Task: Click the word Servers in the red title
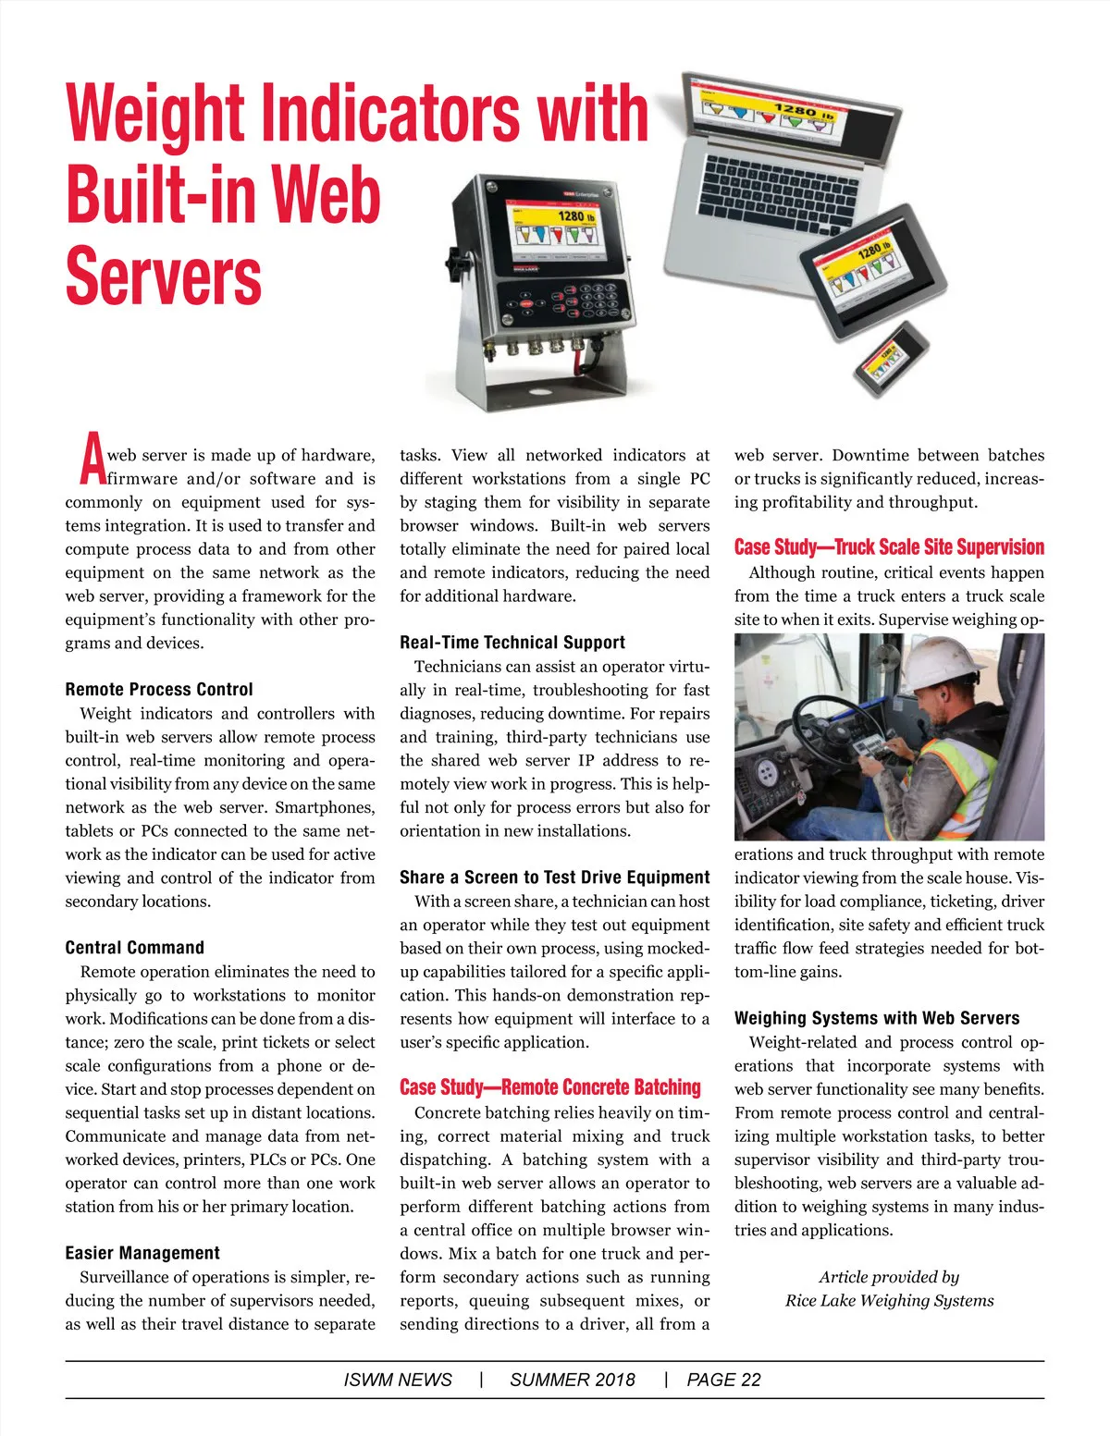pos(164,276)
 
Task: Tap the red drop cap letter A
pos(91,460)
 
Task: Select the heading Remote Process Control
pos(159,690)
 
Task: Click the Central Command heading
pos(135,948)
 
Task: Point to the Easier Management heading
pos(142,1254)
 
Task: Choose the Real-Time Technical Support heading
pos(512,643)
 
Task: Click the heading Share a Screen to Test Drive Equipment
pos(555,878)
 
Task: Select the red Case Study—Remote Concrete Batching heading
pos(550,1087)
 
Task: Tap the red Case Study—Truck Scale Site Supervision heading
pos(889,547)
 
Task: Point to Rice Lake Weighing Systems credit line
pos(889,1301)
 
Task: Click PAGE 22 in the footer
pos(723,1381)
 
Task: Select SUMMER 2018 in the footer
pos(573,1381)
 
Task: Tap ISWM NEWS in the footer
pos(398,1381)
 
